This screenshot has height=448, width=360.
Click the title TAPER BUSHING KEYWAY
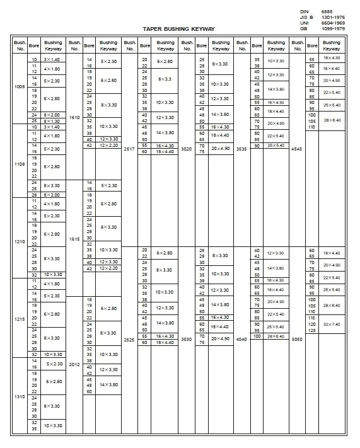(x=179, y=29)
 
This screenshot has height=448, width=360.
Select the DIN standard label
(x=304, y=12)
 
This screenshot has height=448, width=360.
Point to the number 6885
(x=327, y=12)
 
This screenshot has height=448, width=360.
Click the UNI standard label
(x=304, y=23)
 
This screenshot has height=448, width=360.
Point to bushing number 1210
(x=20, y=241)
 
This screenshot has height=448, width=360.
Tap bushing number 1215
(x=20, y=319)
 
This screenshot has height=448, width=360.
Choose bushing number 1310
(x=20, y=396)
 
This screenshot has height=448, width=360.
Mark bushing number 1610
(x=74, y=117)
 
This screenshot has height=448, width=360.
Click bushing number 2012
(x=74, y=364)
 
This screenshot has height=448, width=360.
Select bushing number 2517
(x=129, y=149)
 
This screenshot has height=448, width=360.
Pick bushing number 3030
(x=187, y=339)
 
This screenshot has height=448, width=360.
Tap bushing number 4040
(x=241, y=339)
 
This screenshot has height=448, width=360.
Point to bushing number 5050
(x=296, y=339)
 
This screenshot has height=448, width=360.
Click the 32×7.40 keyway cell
(x=332, y=324)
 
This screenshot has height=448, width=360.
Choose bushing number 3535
(x=241, y=149)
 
